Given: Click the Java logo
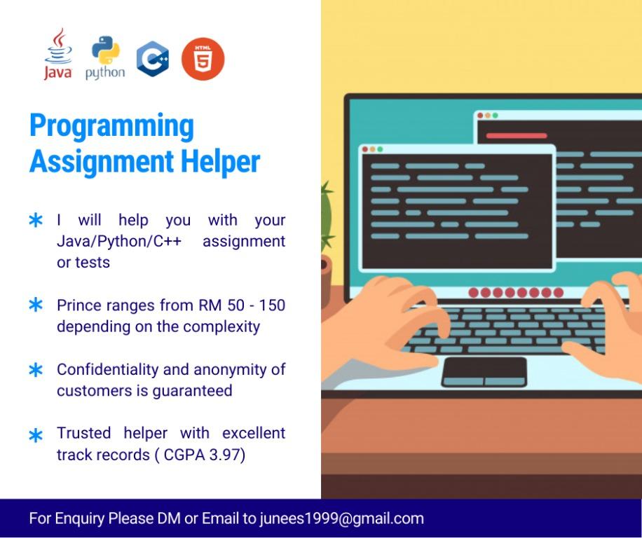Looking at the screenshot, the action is click(58, 54).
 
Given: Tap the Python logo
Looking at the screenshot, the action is click(105, 57).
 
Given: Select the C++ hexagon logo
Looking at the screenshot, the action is click(153, 59).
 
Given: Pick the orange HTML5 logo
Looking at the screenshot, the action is click(203, 59).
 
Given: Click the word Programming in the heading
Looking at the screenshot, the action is click(111, 126).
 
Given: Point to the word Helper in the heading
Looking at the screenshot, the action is click(220, 162).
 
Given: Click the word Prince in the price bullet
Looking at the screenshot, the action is click(79, 305).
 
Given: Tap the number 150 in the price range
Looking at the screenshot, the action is click(272, 305).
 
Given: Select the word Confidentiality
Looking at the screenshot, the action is click(108, 369).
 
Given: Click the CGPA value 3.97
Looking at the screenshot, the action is click(224, 455).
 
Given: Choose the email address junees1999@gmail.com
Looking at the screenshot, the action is click(341, 518).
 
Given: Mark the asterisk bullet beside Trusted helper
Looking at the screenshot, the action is click(36, 435).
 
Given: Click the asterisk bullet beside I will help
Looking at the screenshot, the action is click(36, 220).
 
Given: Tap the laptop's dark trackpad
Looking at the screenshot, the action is click(484, 372).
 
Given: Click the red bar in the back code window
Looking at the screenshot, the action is click(517, 135).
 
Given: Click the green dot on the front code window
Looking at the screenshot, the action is click(380, 149).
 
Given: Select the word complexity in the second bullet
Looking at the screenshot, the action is click(221, 327).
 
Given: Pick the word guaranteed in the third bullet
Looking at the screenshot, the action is click(193, 391).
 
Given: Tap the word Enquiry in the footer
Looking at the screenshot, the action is click(79, 519).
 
